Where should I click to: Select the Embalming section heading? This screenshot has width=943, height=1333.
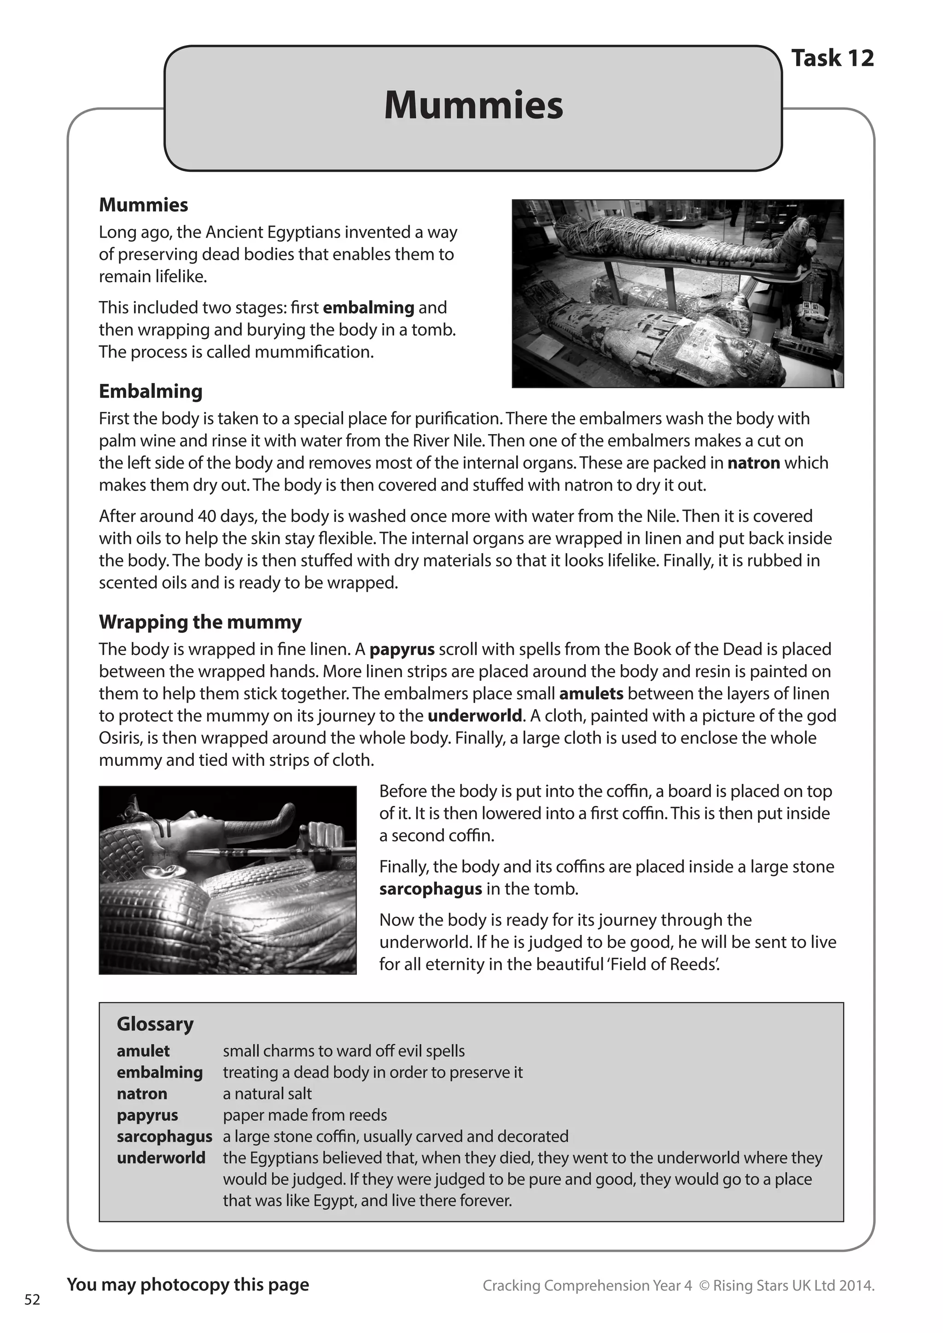(x=151, y=391)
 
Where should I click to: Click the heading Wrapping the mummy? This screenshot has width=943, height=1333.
(x=200, y=621)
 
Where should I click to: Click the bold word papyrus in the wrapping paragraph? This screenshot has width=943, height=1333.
(x=401, y=649)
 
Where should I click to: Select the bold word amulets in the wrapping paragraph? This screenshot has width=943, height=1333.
(x=591, y=693)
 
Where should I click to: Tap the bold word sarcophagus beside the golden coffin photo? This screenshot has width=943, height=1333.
(x=430, y=888)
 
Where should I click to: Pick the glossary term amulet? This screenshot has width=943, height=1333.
(x=143, y=1050)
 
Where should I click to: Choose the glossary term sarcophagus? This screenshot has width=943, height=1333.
(x=164, y=1136)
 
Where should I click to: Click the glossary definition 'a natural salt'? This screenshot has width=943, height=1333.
(x=267, y=1093)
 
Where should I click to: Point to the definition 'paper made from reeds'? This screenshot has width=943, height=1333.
(x=304, y=1115)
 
